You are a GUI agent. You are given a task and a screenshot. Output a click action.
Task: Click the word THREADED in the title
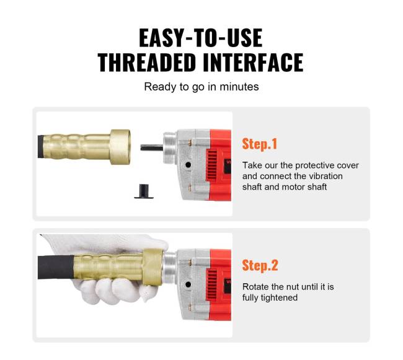coord(147,62)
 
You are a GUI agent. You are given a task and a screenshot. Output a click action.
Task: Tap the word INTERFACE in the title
coord(253,62)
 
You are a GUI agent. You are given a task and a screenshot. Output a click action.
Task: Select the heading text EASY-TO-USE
coord(200,38)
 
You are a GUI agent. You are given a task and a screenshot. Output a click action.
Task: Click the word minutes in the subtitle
coord(239,87)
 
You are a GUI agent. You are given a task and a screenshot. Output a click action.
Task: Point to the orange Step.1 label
coord(260,144)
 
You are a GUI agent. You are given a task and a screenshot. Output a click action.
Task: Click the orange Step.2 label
coord(260,265)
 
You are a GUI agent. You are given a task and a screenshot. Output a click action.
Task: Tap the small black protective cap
coord(144,191)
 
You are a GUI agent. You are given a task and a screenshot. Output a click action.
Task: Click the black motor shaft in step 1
coord(152,147)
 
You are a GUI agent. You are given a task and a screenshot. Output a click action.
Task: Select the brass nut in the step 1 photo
coord(120,147)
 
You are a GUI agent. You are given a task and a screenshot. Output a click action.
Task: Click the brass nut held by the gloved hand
coord(153,267)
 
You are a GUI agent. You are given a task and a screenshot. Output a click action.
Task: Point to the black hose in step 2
coord(56,267)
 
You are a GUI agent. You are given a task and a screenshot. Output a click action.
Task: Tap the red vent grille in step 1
coord(212,165)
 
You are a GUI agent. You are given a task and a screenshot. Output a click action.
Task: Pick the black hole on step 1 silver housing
coord(188,165)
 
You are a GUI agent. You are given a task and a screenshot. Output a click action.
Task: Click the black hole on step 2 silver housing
coord(188,284)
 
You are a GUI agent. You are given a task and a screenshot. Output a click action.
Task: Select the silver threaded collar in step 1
coord(170,147)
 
